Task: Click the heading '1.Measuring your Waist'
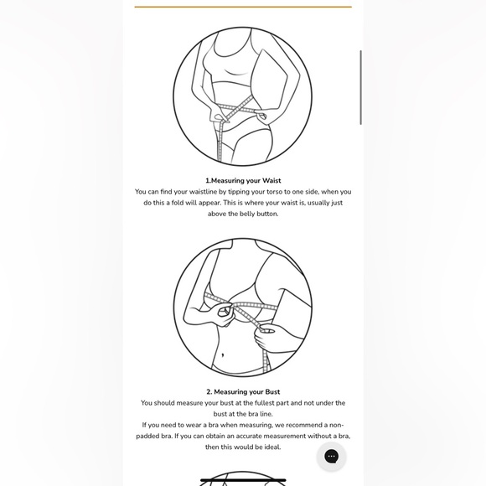click(243, 180)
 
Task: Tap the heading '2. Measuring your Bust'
click(243, 392)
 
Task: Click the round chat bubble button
click(331, 456)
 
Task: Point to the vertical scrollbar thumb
click(361, 87)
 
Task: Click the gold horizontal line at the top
click(243, 7)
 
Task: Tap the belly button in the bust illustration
click(223, 354)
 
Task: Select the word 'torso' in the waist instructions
click(274, 192)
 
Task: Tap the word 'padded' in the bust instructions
click(146, 437)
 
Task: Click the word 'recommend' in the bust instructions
click(299, 425)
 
